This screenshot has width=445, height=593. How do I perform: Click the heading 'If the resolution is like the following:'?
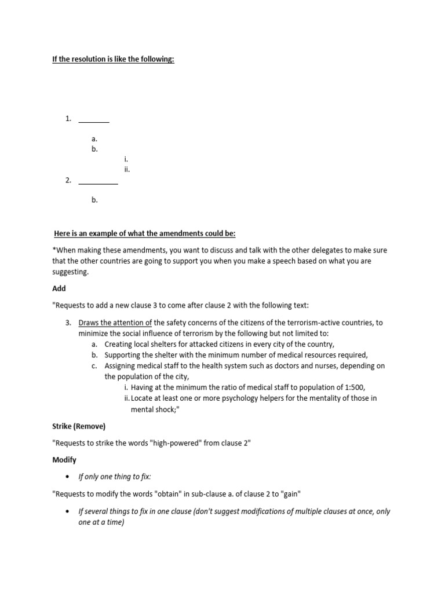click(114, 60)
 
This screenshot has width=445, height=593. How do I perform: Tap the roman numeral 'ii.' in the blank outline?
click(127, 170)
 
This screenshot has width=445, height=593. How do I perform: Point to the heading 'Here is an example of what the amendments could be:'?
click(145, 233)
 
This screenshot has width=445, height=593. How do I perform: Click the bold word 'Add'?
click(59, 288)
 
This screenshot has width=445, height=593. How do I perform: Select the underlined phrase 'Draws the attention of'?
click(115, 323)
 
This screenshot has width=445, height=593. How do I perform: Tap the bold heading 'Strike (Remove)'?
click(79, 426)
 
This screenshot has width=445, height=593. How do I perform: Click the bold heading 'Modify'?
click(65, 460)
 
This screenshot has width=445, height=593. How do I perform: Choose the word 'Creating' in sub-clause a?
click(119, 344)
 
